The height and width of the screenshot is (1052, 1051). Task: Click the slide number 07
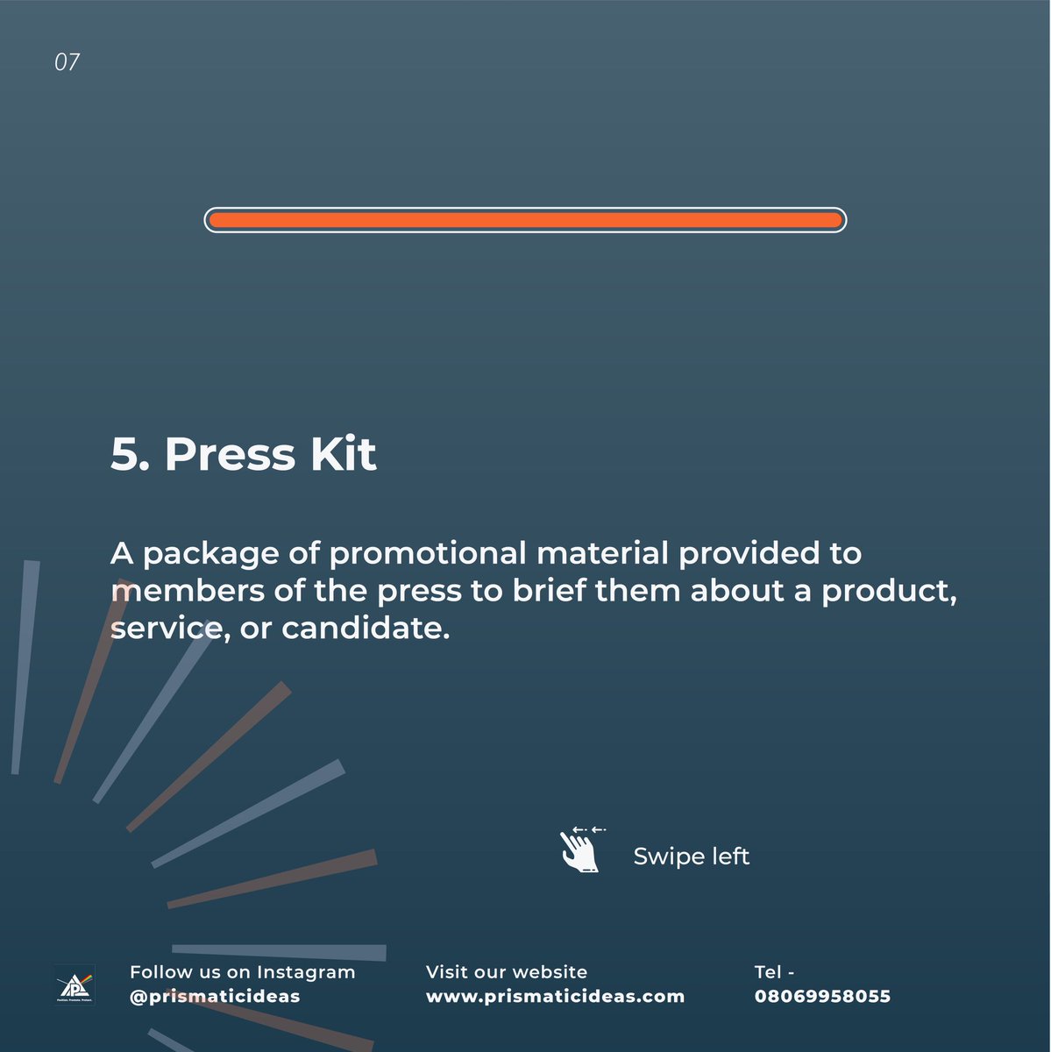tap(67, 62)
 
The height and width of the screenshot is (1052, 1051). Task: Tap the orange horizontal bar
tap(525, 220)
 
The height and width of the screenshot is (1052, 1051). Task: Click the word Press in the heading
tap(230, 454)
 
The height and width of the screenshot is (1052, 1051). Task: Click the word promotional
tap(428, 553)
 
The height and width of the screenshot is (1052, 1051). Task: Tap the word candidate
tap(366, 628)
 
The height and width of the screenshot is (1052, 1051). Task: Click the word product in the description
tap(889, 592)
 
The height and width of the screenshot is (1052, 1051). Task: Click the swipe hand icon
tap(582, 849)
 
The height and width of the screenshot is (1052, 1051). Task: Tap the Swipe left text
tap(692, 856)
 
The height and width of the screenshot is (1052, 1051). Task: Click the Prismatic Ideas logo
tap(75, 984)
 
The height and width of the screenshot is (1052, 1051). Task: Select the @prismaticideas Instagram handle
tap(215, 997)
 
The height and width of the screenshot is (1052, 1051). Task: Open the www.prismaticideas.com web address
tap(555, 997)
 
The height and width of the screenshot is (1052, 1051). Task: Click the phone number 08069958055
tap(822, 996)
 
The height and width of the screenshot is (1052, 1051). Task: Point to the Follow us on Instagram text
tap(243, 971)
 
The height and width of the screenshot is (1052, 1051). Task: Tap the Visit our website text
tap(506, 971)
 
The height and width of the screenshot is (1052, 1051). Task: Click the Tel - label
tap(774, 971)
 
